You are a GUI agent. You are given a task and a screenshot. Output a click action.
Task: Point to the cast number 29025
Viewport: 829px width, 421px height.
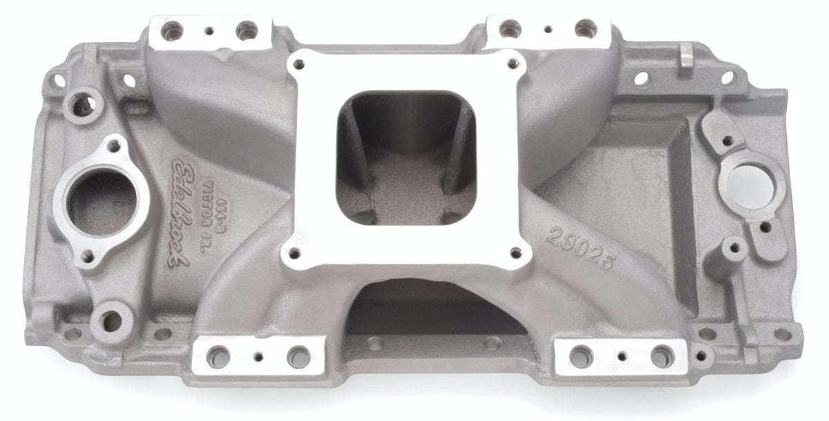tap(579, 241)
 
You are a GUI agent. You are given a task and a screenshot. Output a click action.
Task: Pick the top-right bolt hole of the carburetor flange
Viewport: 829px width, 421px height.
tap(513, 64)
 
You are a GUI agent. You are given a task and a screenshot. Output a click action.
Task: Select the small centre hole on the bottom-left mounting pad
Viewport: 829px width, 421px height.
tap(259, 357)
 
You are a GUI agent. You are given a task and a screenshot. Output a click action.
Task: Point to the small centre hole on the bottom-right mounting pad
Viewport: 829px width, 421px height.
tap(621, 357)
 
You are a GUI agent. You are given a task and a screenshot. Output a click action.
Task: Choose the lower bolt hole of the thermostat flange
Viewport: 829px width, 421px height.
tap(86, 256)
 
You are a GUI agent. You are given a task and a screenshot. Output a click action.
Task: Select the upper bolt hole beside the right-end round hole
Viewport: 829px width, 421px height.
tap(727, 140)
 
